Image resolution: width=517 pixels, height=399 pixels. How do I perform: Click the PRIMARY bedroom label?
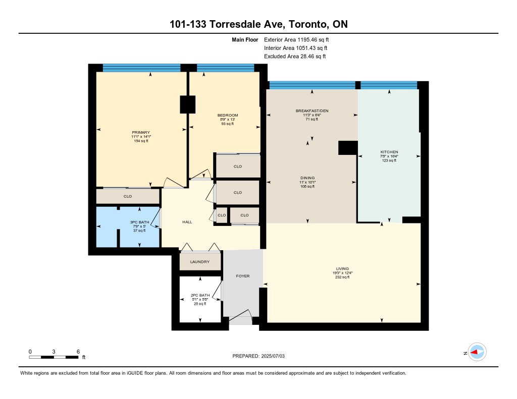point(141,133)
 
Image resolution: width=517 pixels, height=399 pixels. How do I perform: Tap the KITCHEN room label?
point(389,152)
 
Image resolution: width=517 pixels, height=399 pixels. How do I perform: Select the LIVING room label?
point(343,268)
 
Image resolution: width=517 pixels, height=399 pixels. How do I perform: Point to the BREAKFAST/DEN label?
point(312,110)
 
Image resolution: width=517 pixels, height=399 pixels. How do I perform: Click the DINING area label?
point(307,178)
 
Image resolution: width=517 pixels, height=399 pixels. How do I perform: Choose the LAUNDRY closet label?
point(200,262)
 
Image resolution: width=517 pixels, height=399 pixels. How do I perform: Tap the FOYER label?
point(243,276)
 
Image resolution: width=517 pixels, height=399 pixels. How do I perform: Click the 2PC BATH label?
point(200,295)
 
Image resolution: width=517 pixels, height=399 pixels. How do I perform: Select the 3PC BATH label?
point(139,222)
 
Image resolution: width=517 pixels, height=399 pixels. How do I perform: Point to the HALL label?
point(187,222)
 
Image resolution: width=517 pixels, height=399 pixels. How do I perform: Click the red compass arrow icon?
point(475,352)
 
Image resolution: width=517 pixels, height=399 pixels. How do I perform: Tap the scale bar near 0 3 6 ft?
point(54,357)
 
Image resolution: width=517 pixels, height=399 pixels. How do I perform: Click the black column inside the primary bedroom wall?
point(188,104)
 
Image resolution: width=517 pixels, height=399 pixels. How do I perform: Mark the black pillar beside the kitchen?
point(348,148)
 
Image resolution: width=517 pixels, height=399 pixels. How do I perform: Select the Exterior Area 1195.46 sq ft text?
point(296,40)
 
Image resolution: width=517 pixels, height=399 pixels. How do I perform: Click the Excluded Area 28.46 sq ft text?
point(295,56)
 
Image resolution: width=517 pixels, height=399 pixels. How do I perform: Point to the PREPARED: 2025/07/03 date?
point(258,356)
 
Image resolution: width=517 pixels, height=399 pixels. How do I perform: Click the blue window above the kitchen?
point(389,85)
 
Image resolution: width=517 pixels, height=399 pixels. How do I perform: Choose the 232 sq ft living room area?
point(343,277)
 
